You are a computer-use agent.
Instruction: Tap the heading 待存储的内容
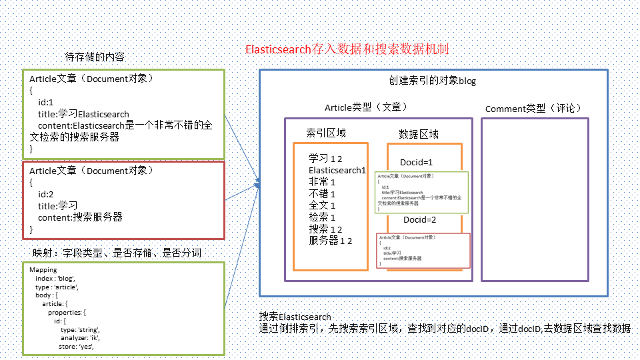94,57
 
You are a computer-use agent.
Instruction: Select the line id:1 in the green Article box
46,102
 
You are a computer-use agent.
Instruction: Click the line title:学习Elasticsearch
83,114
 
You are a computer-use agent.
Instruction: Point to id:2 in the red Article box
46,194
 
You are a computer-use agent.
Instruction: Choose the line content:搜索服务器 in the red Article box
80,217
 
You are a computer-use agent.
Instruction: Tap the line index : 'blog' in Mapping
55,278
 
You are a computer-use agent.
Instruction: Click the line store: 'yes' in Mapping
77,346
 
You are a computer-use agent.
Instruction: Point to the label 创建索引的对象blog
433,81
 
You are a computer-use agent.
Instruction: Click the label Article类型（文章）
366,107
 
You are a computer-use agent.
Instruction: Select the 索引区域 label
326,133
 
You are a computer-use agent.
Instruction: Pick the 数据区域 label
419,134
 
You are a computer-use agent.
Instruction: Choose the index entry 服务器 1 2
330,241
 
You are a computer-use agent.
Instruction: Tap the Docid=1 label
417,162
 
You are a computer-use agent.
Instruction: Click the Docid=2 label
419,220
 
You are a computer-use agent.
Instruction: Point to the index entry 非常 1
322,182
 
